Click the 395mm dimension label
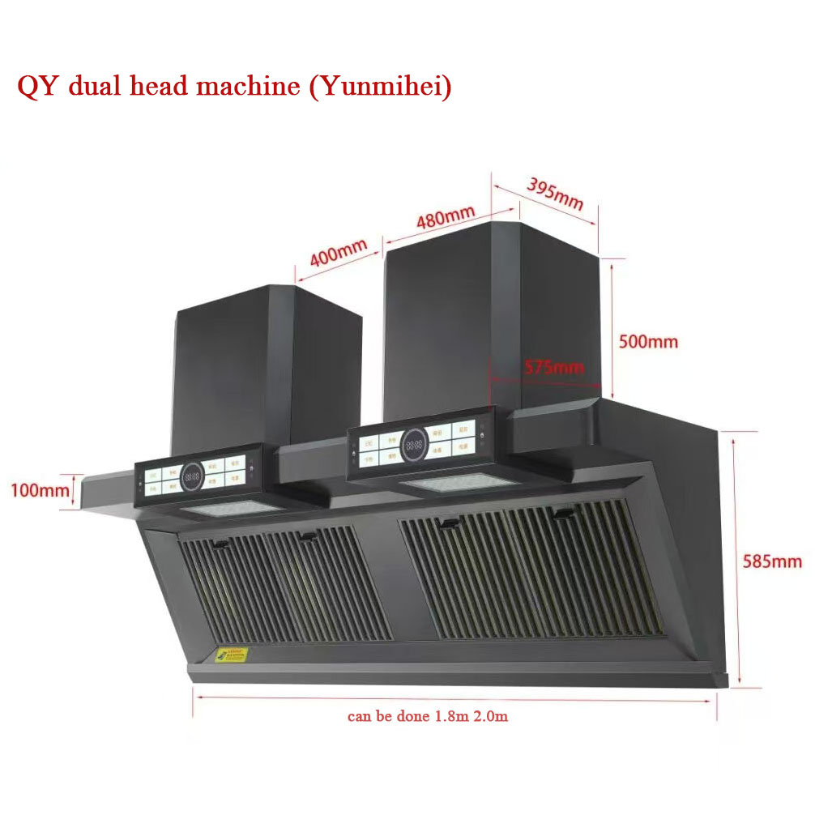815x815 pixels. [x=556, y=194]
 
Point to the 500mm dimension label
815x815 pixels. [x=648, y=341]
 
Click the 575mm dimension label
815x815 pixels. [x=553, y=367]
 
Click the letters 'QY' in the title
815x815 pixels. [x=38, y=87]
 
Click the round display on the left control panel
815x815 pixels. [x=193, y=477]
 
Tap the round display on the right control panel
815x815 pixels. [x=412, y=444]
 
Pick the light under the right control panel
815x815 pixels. [x=460, y=484]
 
